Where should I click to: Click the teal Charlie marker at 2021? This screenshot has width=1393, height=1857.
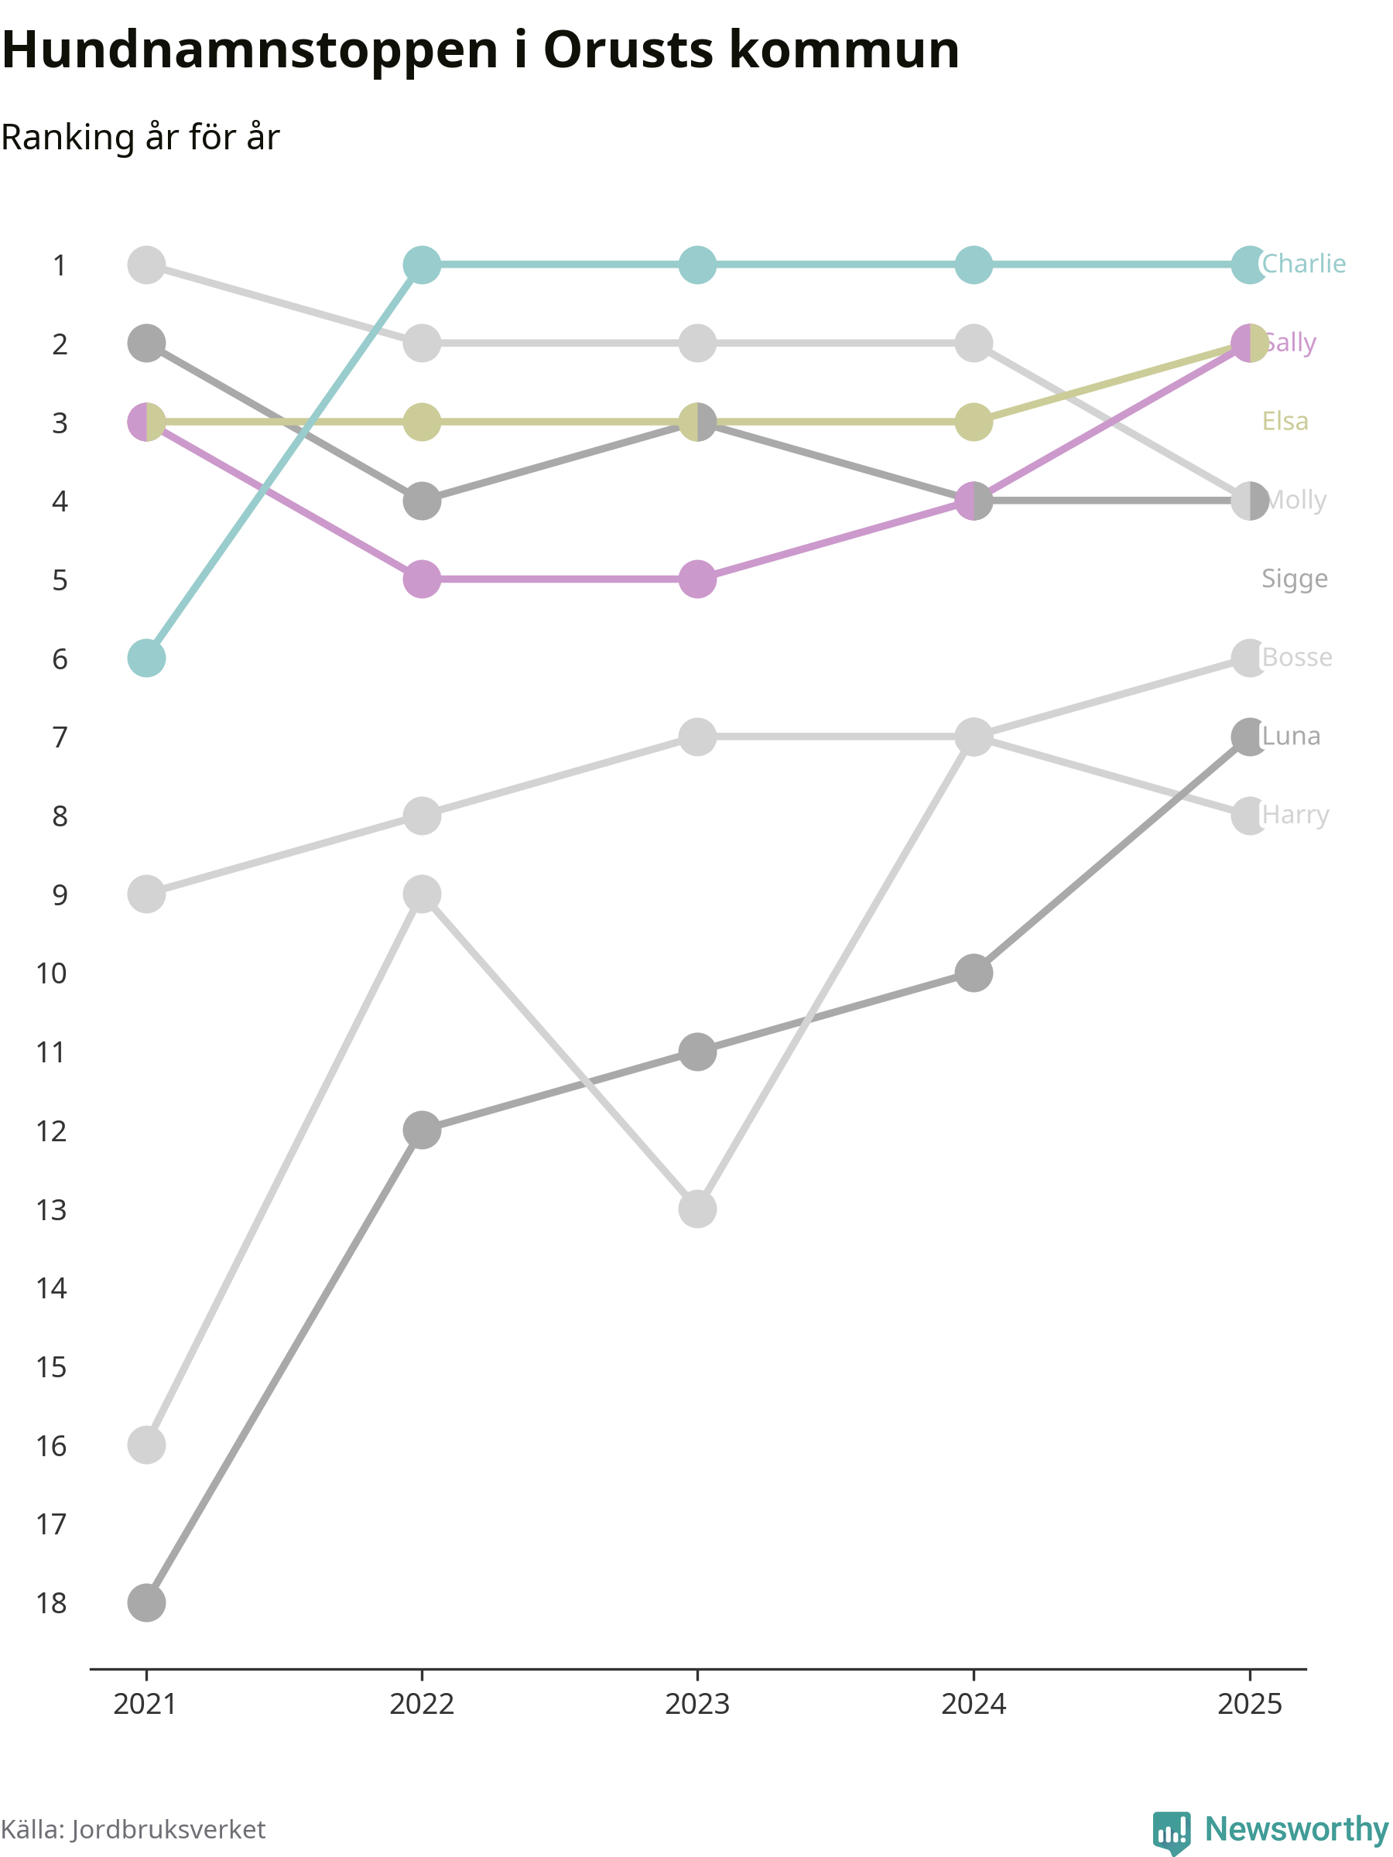pos(146,658)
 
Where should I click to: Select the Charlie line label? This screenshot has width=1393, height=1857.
pos(1303,265)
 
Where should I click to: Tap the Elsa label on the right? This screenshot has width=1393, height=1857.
pos(1285,422)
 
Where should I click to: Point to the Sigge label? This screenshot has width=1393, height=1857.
pos(1294,580)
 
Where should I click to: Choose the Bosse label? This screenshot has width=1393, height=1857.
pos(1296,658)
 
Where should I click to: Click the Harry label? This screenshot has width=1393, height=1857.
pos(1295,816)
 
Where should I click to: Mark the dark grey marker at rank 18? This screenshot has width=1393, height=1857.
pos(146,1602)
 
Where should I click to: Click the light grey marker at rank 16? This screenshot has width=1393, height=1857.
pos(146,1445)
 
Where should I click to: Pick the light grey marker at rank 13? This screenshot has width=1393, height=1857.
pos(697,1209)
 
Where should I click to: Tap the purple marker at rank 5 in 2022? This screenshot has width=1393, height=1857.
pos(422,580)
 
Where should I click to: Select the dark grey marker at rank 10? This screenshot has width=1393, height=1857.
pos(974,973)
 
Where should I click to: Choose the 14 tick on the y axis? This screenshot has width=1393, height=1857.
pos(51,1288)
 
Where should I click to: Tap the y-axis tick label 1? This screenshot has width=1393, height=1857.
pos(59,265)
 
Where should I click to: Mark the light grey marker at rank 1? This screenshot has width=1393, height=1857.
pos(146,265)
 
